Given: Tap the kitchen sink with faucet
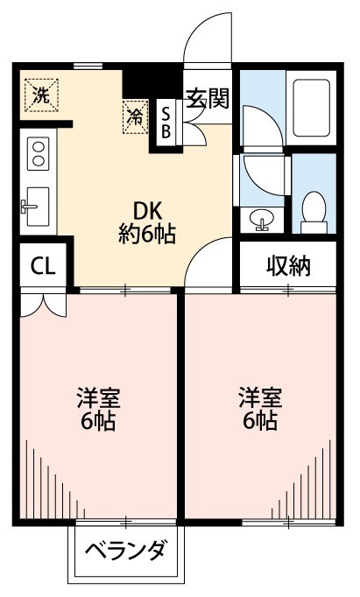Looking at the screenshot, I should point(38,205).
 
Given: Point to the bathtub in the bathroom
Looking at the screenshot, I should point(312,114).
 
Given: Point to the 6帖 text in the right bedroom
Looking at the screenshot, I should point(260,421).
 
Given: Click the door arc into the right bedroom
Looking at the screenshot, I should point(208,263).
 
